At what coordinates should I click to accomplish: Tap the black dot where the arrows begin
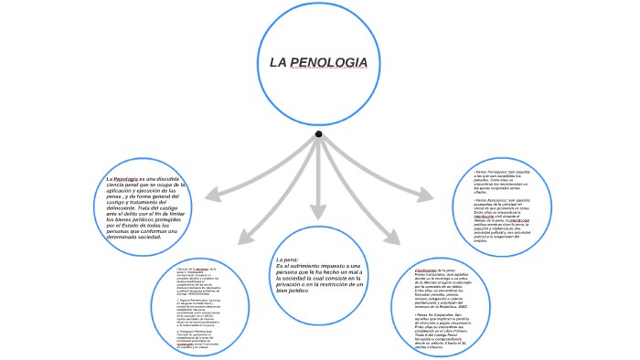318,134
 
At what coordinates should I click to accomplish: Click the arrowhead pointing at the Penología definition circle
213,195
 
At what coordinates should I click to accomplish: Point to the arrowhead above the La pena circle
318,212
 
